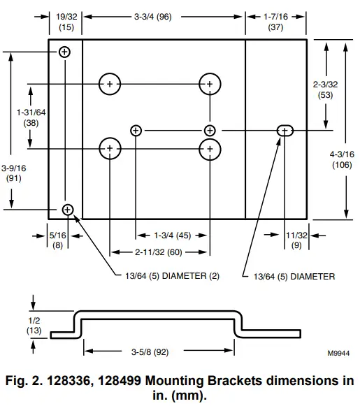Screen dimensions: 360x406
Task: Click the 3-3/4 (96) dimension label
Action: point(153,17)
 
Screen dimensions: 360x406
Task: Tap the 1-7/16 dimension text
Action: point(275,17)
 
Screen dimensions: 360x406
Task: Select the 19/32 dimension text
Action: point(66,17)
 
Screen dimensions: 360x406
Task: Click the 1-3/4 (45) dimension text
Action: point(173,235)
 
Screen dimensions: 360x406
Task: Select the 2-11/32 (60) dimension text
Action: point(159,252)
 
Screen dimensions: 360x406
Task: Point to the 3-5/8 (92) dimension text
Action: point(150,352)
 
